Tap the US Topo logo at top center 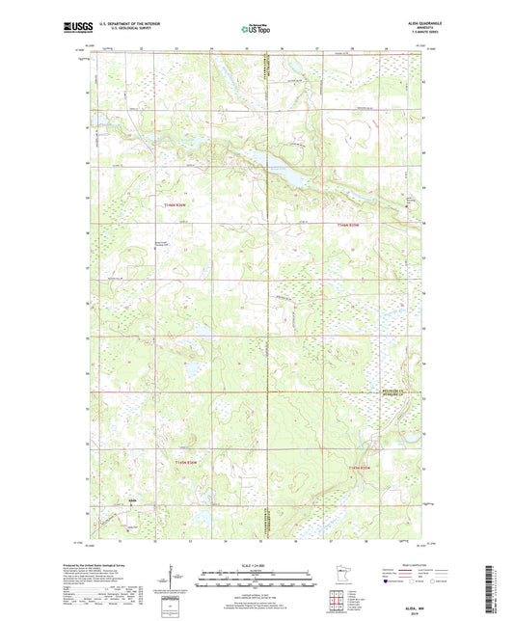(x=256, y=30)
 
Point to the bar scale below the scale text (x=257, y=579)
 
